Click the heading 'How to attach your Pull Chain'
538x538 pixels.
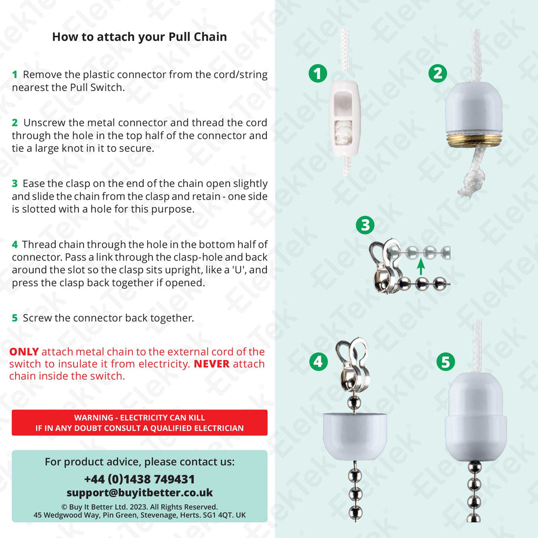pyautogui.click(x=139, y=37)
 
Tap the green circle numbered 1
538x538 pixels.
pyautogui.click(x=317, y=74)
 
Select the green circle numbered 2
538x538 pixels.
pyautogui.click(x=437, y=74)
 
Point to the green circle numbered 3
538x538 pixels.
pyautogui.click(x=365, y=225)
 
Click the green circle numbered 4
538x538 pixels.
pyautogui.click(x=317, y=361)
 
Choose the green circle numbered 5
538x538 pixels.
pyautogui.click(x=445, y=361)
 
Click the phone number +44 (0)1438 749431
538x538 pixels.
pyautogui.click(x=139, y=479)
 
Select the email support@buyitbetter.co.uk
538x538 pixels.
pyautogui.click(x=139, y=493)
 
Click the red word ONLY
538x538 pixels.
pyautogui.click(x=24, y=351)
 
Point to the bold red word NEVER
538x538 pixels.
pyautogui.click(x=212, y=364)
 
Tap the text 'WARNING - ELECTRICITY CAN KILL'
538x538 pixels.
pyautogui.click(x=139, y=418)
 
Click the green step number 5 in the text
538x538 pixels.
pyautogui.click(x=15, y=318)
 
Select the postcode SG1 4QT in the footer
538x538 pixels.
pyautogui.click(x=217, y=515)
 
